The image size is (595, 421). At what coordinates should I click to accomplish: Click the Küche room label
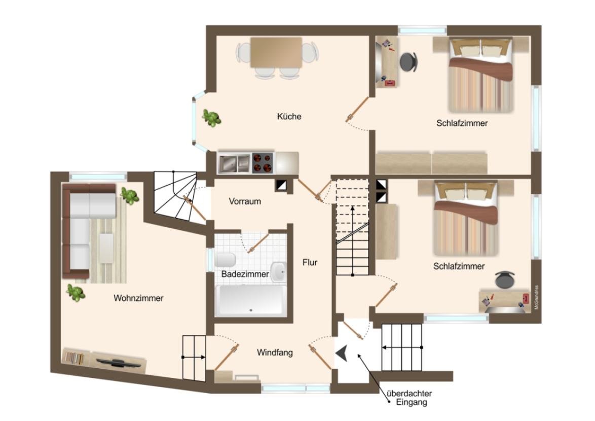pyautogui.click(x=289, y=117)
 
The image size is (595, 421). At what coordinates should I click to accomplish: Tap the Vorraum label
pyautogui.click(x=245, y=201)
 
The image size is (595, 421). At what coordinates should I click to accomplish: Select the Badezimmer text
pyautogui.click(x=245, y=274)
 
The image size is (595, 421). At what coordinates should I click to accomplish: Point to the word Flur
pyautogui.click(x=310, y=262)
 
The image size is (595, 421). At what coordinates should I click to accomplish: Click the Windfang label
pyautogui.click(x=275, y=353)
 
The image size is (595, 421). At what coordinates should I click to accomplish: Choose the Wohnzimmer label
pyautogui.click(x=138, y=298)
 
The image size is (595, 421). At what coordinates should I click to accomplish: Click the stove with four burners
pyautogui.click(x=263, y=162)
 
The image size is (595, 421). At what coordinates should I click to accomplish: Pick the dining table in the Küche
pyautogui.click(x=276, y=52)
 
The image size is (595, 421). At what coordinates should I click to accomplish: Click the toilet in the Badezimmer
pyautogui.click(x=225, y=260)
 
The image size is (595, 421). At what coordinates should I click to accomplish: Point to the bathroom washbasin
pyautogui.click(x=279, y=272)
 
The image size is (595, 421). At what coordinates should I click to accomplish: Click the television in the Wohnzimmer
pyautogui.click(x=119, y=363)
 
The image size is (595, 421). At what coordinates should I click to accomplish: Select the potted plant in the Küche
pyautogui.click(x=211, y=118)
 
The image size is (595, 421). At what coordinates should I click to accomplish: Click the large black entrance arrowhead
pyautogui.click(x=342, y=354)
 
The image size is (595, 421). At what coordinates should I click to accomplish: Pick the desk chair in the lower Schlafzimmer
pyautogui.click(x=505, y=280)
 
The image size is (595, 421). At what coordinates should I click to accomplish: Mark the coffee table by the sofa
pyautogui.click(x=106, y=248)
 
